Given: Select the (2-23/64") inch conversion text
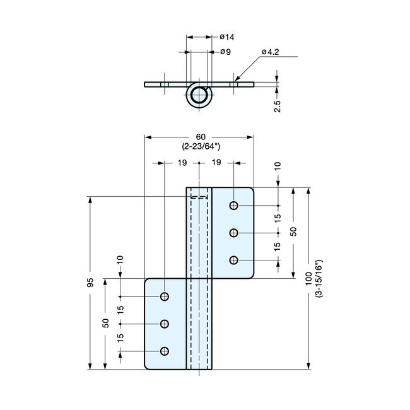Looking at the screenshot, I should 199,147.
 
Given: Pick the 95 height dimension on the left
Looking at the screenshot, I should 90,282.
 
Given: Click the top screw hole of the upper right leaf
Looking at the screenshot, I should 234,206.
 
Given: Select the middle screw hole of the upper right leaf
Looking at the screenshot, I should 234,233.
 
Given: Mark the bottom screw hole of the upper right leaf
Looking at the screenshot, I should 234,260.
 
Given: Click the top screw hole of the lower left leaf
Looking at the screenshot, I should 165,296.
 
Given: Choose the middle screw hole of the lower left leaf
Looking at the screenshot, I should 165,324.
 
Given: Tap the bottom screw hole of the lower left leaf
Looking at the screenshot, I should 165,351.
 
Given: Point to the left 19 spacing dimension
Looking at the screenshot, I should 181,163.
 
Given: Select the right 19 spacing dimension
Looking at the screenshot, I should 216,163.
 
